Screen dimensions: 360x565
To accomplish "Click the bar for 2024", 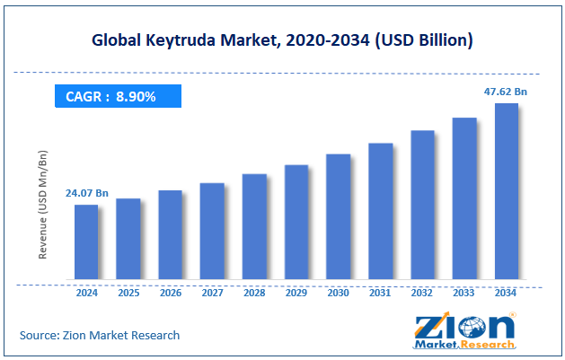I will click(x=86, y=241).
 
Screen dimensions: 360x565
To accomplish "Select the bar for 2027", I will click(x=212, y=231).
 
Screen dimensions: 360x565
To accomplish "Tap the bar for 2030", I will click(x=338, y=216).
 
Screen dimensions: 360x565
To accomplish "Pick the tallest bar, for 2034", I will click(x=507, y=191).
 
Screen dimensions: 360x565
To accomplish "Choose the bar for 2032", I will click(x=422, y=205).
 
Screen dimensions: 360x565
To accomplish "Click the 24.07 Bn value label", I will click(x=86, y=193).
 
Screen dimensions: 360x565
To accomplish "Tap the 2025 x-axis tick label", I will click(x=128, y=293).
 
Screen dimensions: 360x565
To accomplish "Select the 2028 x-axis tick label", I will click(x=254, y=293).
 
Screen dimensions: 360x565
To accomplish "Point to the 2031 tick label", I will click(x=380, y=293).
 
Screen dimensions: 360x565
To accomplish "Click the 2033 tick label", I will click(x=464, y=293).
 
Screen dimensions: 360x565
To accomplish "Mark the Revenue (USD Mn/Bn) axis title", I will click(x=42, y=206).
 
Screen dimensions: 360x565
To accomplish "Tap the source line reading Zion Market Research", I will click(x=100, y=335).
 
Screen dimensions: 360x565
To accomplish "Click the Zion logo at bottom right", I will click(x=464, y=330).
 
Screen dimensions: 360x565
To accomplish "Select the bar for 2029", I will click(x=296, y=222).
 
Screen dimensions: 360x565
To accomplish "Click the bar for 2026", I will click(x=171, y=234).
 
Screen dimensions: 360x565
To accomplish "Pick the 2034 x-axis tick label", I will click(x=507, y=293).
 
